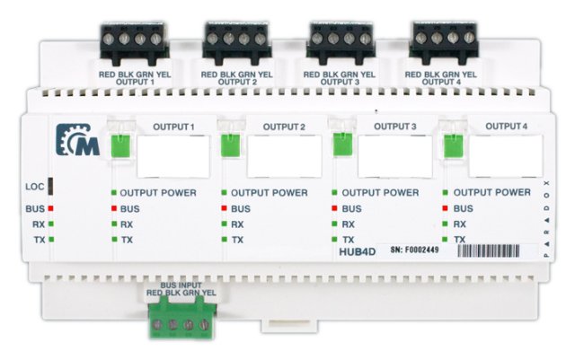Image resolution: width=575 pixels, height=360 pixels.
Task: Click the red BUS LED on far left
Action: point(52,208)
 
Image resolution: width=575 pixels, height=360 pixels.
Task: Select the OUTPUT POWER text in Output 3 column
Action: point(380,192)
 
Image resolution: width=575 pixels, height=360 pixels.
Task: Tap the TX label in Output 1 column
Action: point(127,240)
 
